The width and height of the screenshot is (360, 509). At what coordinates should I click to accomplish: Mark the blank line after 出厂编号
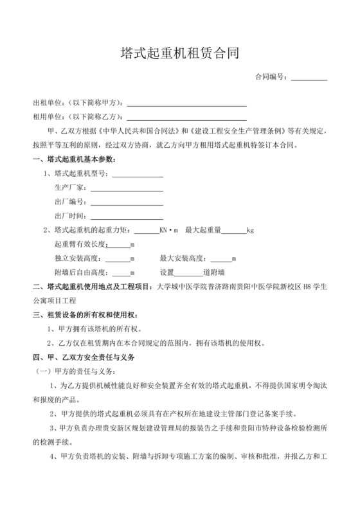tap(126, 202)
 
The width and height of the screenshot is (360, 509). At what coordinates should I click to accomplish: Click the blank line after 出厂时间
tap(126, 217)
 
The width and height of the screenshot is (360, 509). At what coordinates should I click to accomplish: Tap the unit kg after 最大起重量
tap(251, 231)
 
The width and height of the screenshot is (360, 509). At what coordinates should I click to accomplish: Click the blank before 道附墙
tap(188, 273)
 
